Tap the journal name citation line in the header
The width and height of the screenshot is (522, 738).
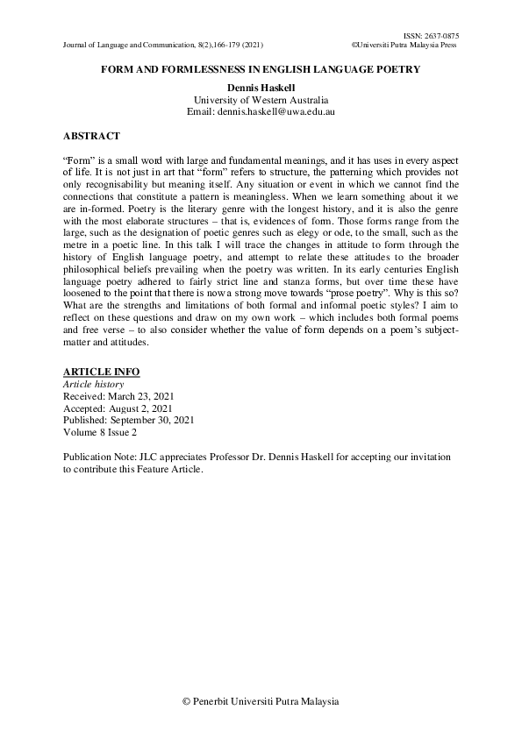(163, 44)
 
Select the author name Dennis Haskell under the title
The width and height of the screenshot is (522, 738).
(261, 88)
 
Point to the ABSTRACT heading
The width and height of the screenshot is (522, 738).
(92, 137)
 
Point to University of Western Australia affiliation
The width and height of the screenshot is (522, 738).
(261, 100)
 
